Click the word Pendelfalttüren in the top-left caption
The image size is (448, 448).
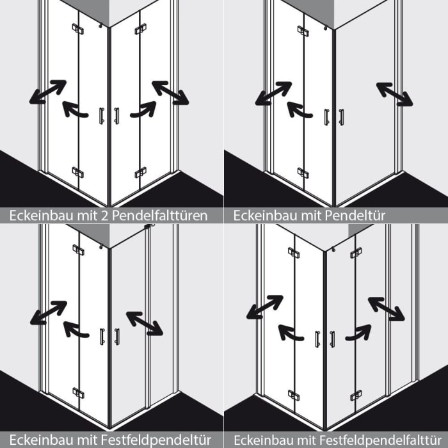(159, 216)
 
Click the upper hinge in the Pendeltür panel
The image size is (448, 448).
(303, 31)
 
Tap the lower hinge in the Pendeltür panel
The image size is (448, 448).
(303, 173)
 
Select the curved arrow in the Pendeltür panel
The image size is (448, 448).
(300, 110)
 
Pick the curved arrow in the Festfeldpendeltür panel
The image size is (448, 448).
(76, 330)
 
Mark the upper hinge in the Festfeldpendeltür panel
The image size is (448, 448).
(78, 250)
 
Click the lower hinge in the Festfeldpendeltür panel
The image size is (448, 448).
(78, 393)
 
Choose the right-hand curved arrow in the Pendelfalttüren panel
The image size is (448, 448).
(143, 109)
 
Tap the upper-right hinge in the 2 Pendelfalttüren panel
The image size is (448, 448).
(141, 29)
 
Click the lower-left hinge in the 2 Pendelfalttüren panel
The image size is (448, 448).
(77, 172)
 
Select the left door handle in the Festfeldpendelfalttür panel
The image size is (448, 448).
(317, 339)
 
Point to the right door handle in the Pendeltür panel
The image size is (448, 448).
(341, 117)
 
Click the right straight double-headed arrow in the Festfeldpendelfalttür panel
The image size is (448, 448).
(387, 309)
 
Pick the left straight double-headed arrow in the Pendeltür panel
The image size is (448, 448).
(273, 93)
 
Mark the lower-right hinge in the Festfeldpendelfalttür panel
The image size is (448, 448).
(356, 396)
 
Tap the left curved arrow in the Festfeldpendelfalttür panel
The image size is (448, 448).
(291, 333)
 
